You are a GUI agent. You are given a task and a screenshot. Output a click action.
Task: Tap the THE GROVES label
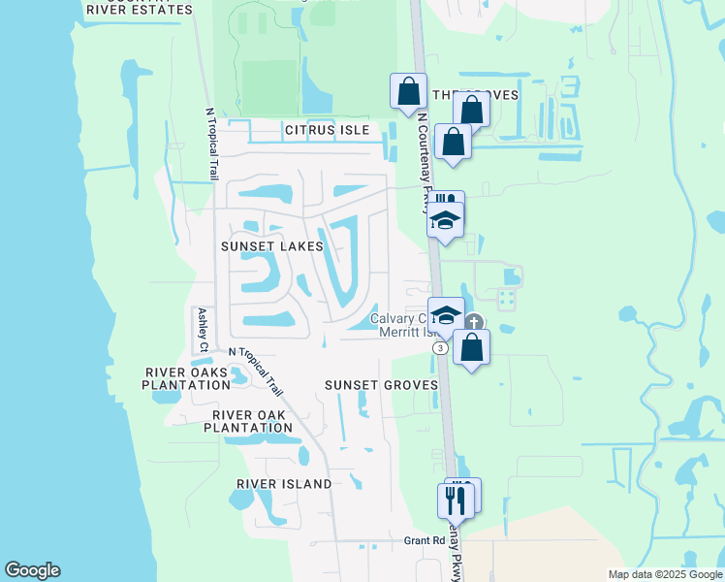tap(475, 95)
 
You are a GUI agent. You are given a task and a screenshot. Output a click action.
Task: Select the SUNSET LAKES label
tap(271, 246)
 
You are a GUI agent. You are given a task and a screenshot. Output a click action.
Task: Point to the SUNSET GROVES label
tap(381, 385)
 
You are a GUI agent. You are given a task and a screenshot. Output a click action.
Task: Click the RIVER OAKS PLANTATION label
tap(188, 378)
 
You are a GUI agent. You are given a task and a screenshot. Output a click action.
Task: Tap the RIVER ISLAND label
tap(284, 483)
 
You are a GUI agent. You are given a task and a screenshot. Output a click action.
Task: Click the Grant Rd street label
tap(424, 540)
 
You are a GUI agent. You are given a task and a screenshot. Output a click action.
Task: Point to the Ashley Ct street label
tap(202, 331)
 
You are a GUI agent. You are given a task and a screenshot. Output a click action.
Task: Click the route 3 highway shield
tap(441, 347)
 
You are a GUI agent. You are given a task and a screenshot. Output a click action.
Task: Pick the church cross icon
tap(473, 323)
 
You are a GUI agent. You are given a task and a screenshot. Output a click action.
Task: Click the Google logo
tap(32, 570)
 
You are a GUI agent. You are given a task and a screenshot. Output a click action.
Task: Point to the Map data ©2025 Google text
tap(664, 574)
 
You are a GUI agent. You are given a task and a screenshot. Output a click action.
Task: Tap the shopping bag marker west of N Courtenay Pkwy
tap(408, 92)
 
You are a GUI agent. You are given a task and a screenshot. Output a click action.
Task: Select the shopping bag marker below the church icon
tap(471, 347)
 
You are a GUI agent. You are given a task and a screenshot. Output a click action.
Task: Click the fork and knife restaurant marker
tap(456, 501)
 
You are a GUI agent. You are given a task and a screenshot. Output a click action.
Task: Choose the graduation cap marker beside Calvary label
tap(446, 314)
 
